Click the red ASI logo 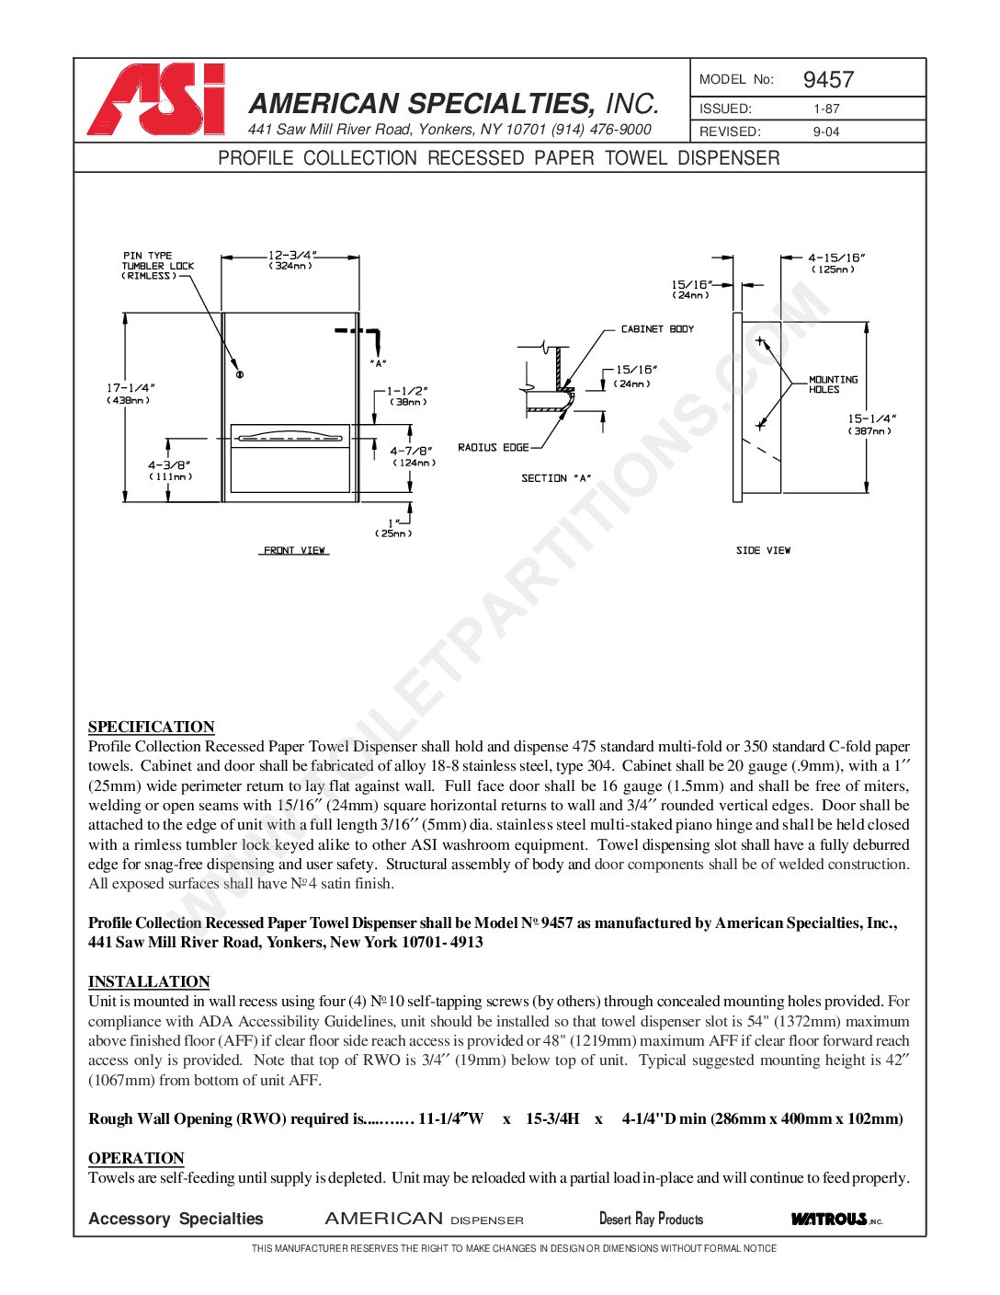pos(157,99)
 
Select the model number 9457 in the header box pos(828,80)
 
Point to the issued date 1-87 pos(826,109)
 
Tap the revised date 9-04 pos(826,132)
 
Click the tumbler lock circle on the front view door pos(240,374)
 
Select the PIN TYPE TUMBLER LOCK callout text pos(158,266)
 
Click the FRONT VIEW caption pos(295,550)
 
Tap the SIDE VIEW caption pos(763,550)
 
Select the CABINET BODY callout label pos(657,329)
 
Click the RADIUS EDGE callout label pos(494,448)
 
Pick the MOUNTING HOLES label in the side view pos(833,384)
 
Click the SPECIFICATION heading pos(152,727)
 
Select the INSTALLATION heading pos(149,981)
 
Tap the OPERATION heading pos(136,1158)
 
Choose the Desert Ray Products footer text pos(651,1220)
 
